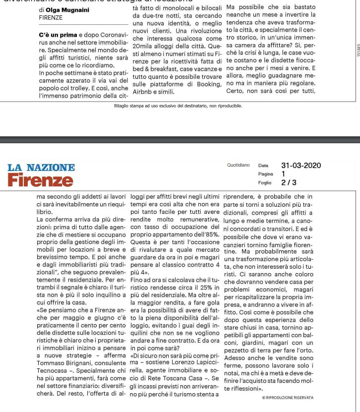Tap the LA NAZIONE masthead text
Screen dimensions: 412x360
coord(41,168)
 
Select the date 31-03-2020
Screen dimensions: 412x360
coord(301,166)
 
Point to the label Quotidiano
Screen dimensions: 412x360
coord(239,166)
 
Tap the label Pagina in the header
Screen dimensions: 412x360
coord(265,174)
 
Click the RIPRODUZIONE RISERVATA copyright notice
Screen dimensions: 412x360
coord(288,398)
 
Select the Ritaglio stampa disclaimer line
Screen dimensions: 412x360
coord(178,106)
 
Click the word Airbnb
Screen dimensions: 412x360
coord(144,92)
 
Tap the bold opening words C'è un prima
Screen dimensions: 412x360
coord(58,35)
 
